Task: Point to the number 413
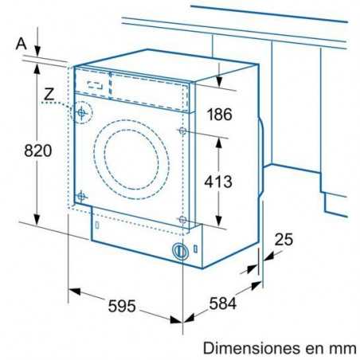click(x=217, y=181)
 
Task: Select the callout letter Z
click(x=49, y=95)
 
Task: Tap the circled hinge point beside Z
click(x=81, y=114)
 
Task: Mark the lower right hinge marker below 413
click(x=183, y=218)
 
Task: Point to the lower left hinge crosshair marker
click(x=81, y=195)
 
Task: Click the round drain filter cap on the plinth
click(x=182, y=251)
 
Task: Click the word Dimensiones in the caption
click(x=249, y=347)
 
